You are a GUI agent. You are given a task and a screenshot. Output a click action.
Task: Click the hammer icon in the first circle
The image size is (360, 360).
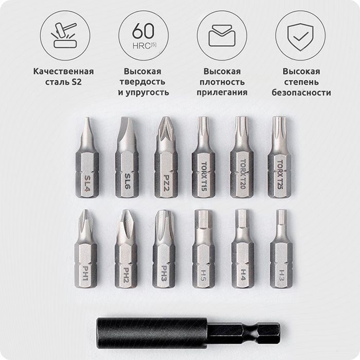pyautogui.click(x=64, y=35)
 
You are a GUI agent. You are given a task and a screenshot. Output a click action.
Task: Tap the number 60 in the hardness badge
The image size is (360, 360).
pyautogui.click(x=143, y=30)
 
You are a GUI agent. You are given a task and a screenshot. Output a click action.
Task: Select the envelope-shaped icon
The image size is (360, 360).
pyautogui.click(x=222, y=35)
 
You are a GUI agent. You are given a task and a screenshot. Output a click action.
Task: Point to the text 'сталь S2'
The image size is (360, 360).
pyautogui.click(x=63, y=82)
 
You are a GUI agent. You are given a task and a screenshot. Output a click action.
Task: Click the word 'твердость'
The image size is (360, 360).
pyautogui.click(x=142, y=82)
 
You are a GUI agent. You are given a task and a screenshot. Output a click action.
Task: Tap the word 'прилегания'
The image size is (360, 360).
pyautogui.click(x=222, y=92)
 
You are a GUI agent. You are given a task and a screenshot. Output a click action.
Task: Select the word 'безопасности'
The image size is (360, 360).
pyautogui.click(x=301, y=92)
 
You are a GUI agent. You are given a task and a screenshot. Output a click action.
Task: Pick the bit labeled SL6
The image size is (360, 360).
pyautogui.click(x=127, y=157)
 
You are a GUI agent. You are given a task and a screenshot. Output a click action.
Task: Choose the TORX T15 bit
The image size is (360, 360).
pyautogui.click(x=204, y=157)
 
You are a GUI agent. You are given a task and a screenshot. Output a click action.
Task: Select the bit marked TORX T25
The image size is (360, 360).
pyautogui.click(x=279, y=157)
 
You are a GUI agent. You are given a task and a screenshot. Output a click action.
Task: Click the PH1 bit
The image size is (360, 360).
pyautogui.click(x=86, y=248)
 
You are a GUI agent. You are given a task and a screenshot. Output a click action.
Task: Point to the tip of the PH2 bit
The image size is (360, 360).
pyautogui.click(x=124, y=211)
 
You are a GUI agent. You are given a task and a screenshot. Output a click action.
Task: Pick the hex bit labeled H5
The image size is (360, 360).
pyautogui.click(x=204, y=248)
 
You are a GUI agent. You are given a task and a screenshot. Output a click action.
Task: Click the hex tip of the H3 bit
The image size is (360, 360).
pyautogui.click(x=281, y=217)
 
